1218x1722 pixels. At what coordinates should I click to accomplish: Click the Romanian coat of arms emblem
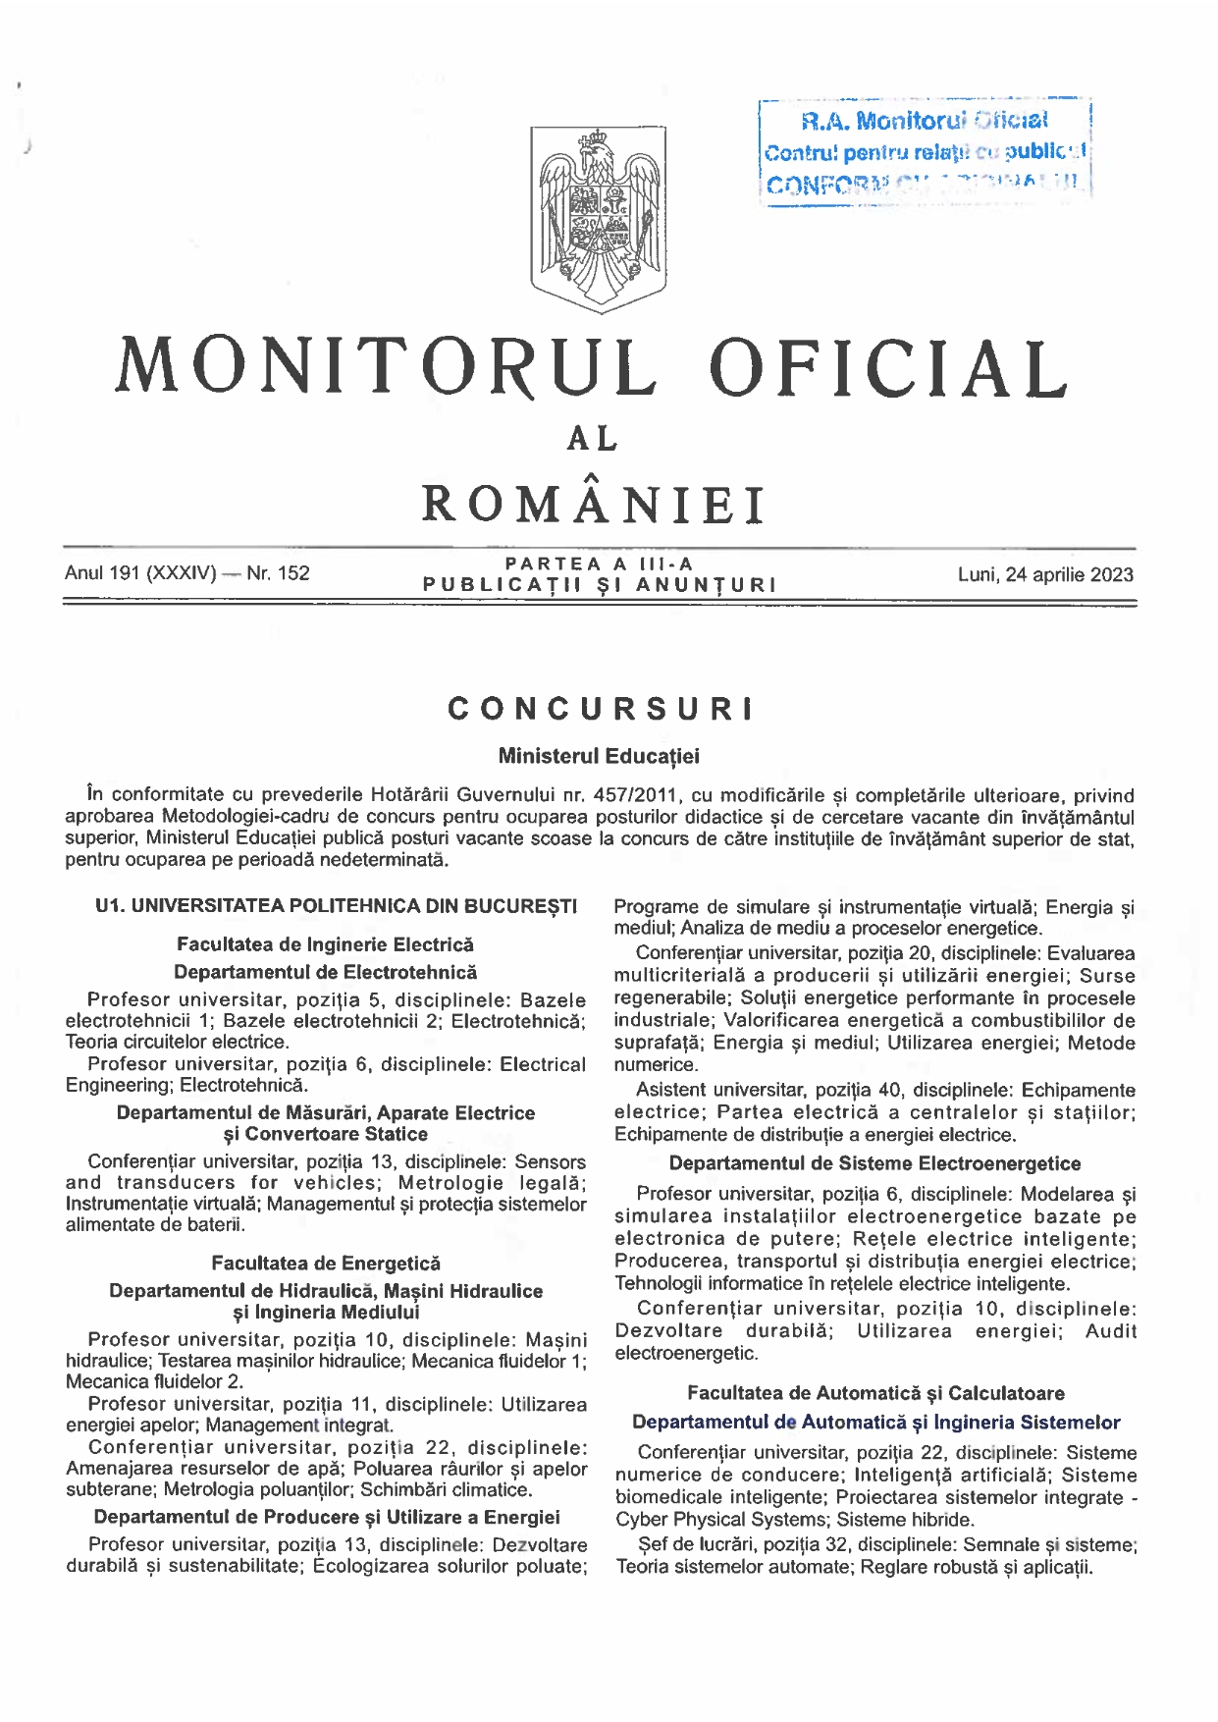coord(598,219)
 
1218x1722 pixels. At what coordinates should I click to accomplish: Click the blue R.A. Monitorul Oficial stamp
coord(926,151)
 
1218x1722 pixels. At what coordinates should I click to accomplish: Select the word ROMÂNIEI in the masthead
coord(594,505)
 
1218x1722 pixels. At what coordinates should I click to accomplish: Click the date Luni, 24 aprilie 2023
coord(1045,574)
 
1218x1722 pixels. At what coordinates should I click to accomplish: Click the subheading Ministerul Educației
coord(599,756)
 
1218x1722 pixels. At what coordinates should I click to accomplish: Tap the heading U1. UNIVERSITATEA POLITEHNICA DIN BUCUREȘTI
coord(336,905)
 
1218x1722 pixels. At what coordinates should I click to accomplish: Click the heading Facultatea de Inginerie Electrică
coord(325,944)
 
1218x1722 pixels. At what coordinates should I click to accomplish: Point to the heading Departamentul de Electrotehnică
coord(325,972)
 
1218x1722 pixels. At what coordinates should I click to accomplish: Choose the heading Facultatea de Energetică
coord(325,1263)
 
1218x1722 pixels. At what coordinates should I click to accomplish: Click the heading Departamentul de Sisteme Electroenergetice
coord(874,1163)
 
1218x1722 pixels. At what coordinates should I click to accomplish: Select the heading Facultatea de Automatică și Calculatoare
coord(875,1392)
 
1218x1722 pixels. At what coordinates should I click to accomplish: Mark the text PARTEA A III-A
coord(599,564)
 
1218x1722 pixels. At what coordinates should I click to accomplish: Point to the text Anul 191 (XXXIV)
coord(140,572)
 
